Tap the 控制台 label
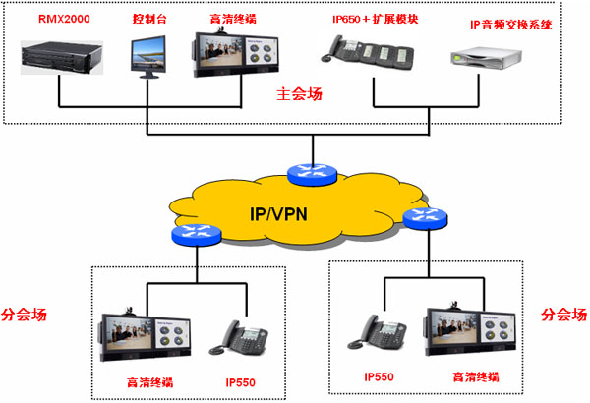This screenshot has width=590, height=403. coord(147,19)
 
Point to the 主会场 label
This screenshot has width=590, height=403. coord(300,94)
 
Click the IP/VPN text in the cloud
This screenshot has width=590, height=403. coord(278,212)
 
